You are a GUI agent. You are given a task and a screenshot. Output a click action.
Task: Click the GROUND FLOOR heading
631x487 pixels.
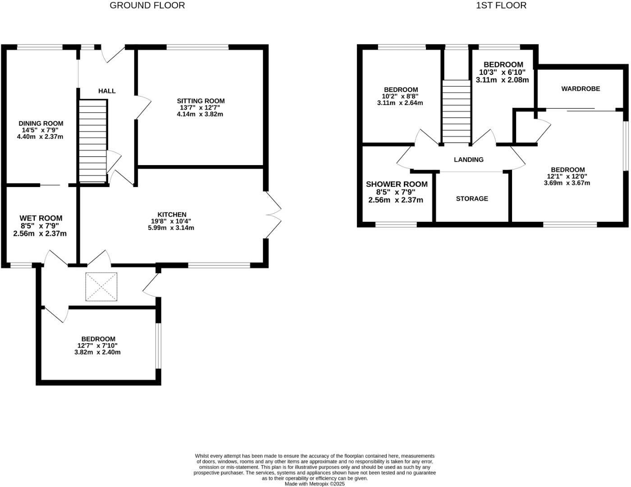[147, 5]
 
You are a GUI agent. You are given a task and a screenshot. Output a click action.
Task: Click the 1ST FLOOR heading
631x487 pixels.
[501, 5]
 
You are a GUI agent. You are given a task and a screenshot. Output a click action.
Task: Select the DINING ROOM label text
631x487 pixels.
[41, 124]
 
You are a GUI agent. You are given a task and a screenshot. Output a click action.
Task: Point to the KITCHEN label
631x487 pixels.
[172, 215]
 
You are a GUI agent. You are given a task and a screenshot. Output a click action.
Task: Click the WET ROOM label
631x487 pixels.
[41, 218]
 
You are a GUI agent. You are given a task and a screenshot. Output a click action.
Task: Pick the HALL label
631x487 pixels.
[107, 91]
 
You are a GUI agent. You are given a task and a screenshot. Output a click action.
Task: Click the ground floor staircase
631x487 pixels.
[93, 141]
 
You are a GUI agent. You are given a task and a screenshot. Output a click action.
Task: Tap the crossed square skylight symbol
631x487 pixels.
[101, 287]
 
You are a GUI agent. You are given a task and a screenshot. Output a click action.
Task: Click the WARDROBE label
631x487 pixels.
[581, 89]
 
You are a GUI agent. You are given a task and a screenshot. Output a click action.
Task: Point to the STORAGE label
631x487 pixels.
[472, 199]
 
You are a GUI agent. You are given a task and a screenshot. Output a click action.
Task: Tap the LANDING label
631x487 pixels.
[469, 160]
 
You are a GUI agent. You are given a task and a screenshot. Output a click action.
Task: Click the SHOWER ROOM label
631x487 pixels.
[397, 184]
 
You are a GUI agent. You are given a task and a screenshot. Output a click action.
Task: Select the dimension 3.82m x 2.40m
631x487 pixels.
[97, 352]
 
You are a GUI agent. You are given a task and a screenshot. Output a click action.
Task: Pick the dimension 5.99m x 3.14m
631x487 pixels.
[171, 228]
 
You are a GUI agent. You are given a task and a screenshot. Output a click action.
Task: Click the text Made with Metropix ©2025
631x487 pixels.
[315, 484]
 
